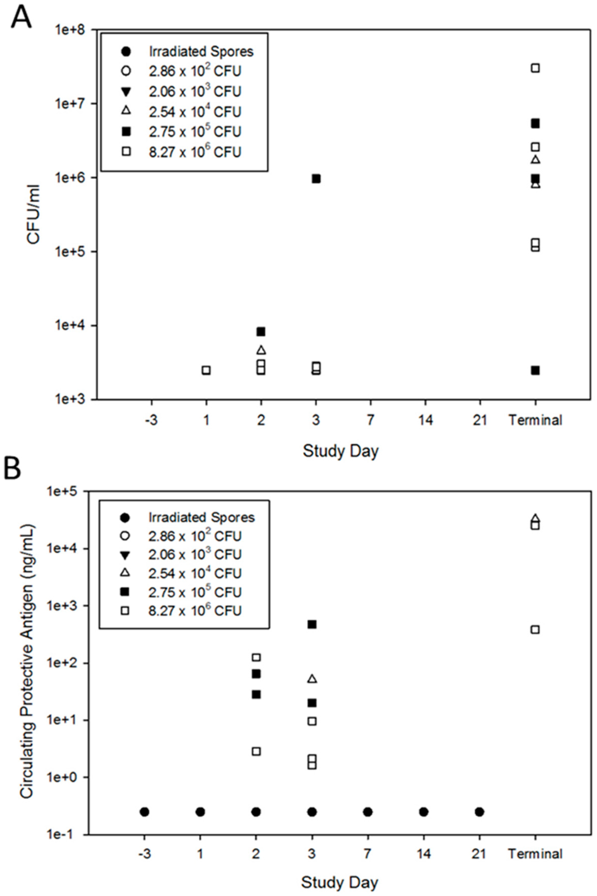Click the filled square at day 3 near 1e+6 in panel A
point(316,179)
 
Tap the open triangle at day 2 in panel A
point(261,350)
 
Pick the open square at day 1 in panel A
point(206,370)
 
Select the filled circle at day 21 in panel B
point(479,812)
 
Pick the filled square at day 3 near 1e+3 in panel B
point(312,624)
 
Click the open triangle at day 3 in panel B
point(312,679)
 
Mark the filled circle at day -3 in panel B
point(144,812)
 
